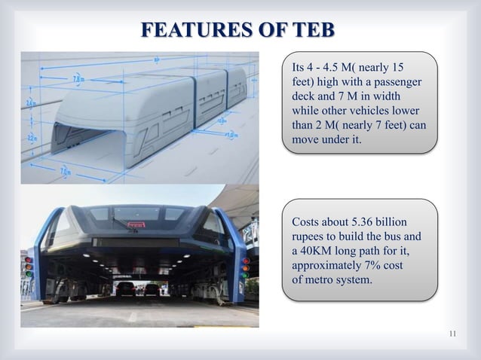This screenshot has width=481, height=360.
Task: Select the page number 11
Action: point(452,334)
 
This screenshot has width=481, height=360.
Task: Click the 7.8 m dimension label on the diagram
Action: point(78,77)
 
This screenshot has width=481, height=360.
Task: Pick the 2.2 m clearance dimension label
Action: point(30,138)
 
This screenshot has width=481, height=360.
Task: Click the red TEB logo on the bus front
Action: point(136,224)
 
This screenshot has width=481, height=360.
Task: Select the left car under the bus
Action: point(126,288)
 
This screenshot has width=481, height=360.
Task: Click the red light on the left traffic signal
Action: point(29,261)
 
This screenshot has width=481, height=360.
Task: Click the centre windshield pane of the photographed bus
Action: point(136,213)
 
